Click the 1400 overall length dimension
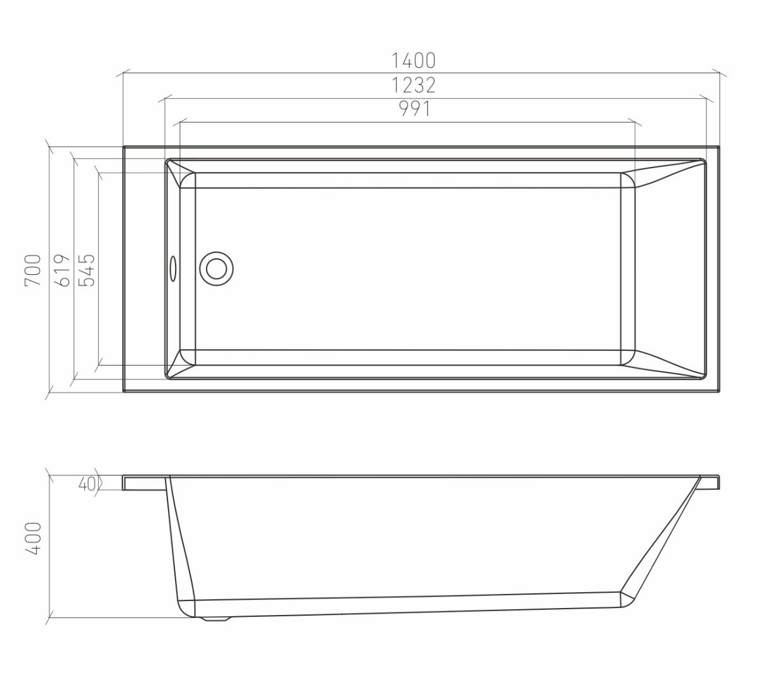(413, 61)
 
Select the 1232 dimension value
(413, 85)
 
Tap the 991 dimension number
(415, 109)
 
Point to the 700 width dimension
(32, 270)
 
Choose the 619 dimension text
(63, 270)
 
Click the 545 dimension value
(86, 270)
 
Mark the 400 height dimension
(32, 539)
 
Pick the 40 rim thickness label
(87, 484)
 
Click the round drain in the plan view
(216, 269)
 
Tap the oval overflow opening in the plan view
(173, 269)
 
